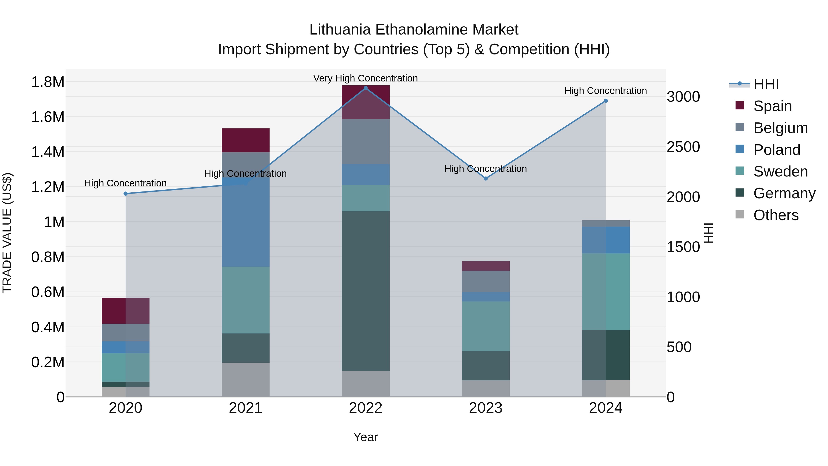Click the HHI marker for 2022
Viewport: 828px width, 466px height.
pos(365,88)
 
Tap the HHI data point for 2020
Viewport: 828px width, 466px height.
pos(126,194)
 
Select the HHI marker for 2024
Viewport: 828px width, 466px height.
pos(606,101)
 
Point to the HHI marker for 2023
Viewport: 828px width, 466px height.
pos(486,179)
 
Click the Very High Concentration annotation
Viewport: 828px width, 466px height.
pos(365,78)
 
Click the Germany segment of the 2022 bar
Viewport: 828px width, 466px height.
pos(365,291)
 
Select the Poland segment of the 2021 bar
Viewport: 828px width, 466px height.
pos(246,222)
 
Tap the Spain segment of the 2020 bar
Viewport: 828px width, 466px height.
pos(126,311)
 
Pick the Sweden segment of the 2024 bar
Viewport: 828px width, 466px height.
pos(606,292)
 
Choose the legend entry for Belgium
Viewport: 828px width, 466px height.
pos(780,128)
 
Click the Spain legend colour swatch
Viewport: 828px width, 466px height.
pos(740,105)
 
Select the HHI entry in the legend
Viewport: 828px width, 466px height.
pos(766,84)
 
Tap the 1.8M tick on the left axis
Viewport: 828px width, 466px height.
pos(48,82)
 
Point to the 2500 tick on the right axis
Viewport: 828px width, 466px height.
pos(683,147)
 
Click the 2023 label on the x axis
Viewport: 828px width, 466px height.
pos(486,408)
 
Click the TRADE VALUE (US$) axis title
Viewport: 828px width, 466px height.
pos(7,233)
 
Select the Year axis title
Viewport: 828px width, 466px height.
pos(365,437)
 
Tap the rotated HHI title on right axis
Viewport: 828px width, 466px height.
pos(708,233)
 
